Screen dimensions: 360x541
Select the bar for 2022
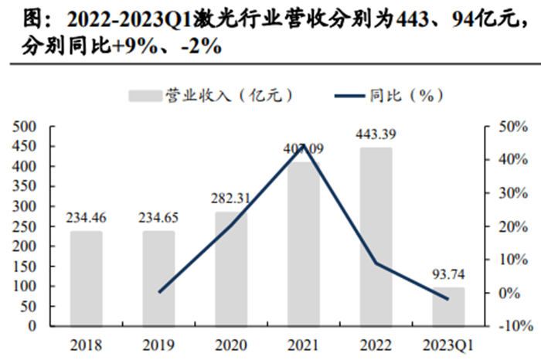(x=376, y=236)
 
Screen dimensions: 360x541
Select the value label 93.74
(x=448, y=275)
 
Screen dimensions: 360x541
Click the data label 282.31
(x=231, y=199)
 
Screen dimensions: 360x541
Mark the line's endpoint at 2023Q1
(x=448, y=299)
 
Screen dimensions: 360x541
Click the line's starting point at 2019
(x=159, y=292)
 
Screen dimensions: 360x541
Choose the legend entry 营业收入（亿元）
(x=209, y=95)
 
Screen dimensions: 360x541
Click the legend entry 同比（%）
(x=390, y=95)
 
